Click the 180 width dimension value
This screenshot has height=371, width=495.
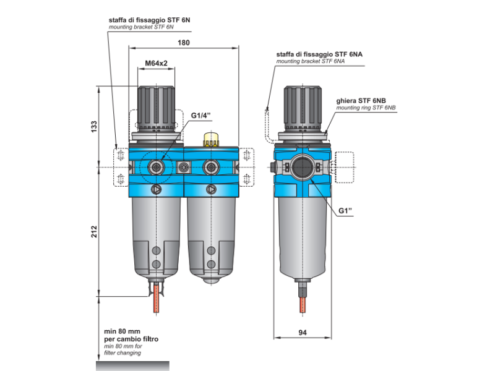[183, 43]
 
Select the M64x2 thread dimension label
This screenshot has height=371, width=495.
[157, 64]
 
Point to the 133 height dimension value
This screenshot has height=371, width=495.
[95, 127]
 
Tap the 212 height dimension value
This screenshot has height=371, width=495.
[95, 232]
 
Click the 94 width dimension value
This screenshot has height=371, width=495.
[303, 333]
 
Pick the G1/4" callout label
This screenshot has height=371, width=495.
[201, 116]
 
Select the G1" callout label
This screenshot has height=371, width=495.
[345, 211]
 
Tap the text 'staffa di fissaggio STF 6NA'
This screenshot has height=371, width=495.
[319, 55]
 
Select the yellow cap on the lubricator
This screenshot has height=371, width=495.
[212, 137]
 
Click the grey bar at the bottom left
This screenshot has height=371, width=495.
[132, 365]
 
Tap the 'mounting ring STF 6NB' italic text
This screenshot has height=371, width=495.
[366, 108]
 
